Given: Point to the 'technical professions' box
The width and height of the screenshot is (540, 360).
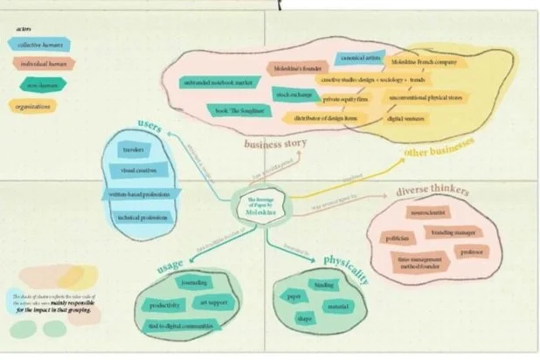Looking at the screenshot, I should [x=142, y=217].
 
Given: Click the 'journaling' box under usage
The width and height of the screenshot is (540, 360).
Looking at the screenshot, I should [x=193, y=284].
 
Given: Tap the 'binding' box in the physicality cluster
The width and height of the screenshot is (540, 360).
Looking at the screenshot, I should [x=324, y=285].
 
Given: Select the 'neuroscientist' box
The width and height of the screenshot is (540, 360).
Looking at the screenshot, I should [x=427, y=212].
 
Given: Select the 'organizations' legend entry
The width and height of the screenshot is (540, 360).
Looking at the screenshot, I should [x=38, y=107].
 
